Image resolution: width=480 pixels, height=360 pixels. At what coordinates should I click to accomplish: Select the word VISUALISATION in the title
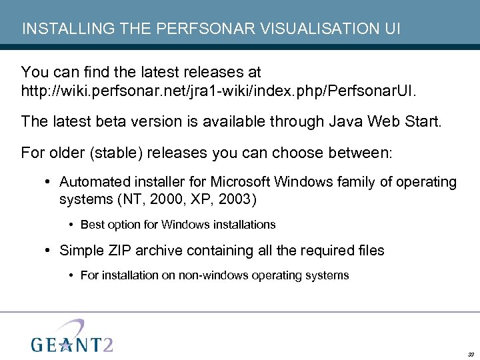coord(298,29)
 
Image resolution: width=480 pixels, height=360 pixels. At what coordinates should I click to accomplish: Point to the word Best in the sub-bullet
coord(91,225)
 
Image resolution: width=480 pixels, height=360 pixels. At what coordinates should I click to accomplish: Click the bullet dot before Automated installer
coord(50,182)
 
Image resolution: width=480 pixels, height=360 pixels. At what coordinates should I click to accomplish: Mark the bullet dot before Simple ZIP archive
coord(50,251)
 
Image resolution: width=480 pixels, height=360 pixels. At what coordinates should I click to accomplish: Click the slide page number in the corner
coord(471,354)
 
